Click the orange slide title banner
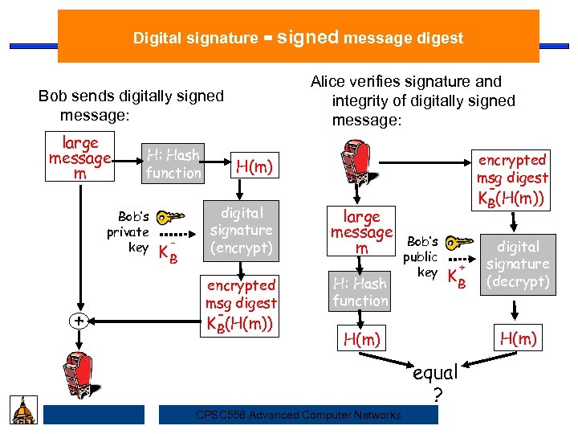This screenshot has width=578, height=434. coord(299,37)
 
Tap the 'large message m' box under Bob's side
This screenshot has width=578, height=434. coord(80,158)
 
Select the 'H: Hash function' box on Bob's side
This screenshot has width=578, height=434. coord(173,163)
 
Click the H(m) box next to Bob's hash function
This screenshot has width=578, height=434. coord(254,166)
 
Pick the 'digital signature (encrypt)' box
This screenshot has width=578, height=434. coord(242,231)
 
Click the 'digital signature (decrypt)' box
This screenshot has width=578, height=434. coord(519,264)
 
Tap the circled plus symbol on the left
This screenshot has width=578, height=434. coord(79,321)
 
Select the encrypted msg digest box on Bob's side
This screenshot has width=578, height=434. coord(242,305)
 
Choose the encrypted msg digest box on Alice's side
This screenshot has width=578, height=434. coord(511,178)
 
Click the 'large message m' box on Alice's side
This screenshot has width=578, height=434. coord(361,232)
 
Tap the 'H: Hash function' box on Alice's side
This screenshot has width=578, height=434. coord(360,292)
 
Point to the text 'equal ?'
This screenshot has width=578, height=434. coord(436,383)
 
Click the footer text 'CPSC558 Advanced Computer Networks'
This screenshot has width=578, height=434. coord(299,415)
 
